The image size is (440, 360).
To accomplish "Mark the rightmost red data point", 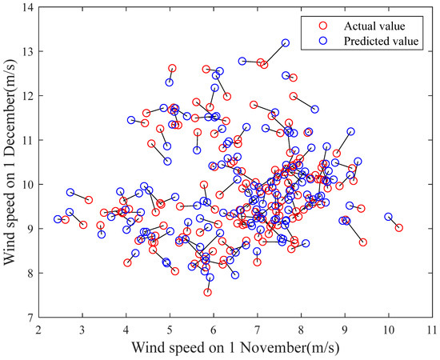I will (399, 228).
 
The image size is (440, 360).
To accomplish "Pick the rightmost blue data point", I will (389, 217).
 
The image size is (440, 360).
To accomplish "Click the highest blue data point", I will (286, 43).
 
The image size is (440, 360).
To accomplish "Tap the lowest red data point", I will (207, 293).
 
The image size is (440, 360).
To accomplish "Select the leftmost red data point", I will (66, 219).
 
